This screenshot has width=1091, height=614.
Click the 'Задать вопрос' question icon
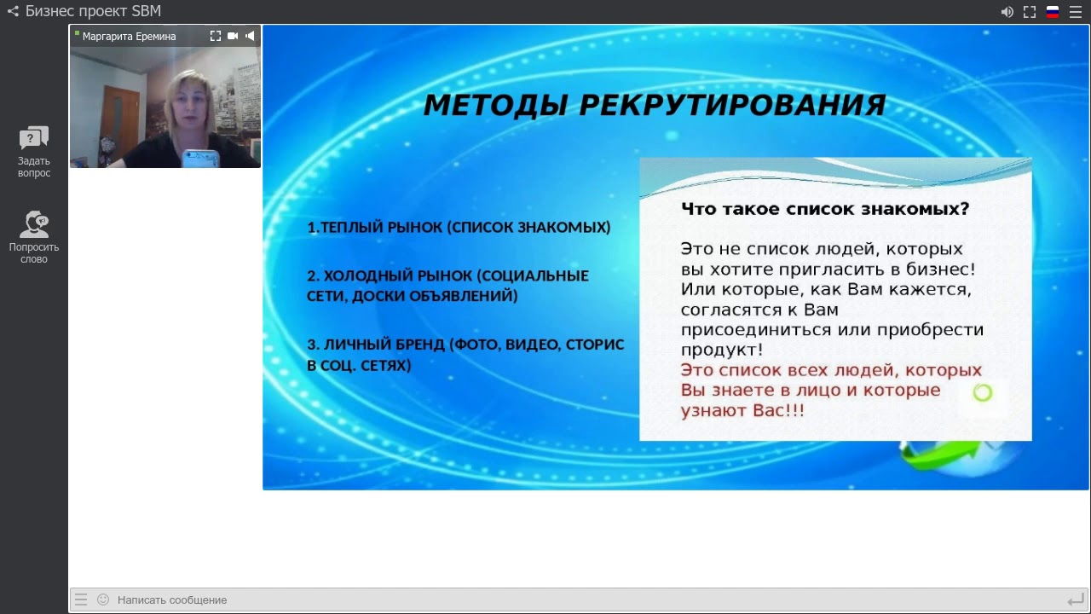[34, 138]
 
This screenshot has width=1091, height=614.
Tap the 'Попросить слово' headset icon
[34, 224]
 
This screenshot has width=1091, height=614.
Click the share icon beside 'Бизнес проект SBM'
[13, 11]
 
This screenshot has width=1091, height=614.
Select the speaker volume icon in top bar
[1007, 12]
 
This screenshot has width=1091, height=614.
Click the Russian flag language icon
[1053, 12]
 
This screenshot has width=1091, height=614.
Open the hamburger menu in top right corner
[1076, 12]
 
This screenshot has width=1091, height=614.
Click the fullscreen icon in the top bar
[1030, 12]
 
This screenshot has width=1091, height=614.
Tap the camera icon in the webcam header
[233, 36]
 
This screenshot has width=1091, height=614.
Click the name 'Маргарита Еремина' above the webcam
[129, 37]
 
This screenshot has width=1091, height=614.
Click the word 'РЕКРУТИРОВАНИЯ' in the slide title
[732, 105]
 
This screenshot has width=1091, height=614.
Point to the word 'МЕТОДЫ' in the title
[496, 105]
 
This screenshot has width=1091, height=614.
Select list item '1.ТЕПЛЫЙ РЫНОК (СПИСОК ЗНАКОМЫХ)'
[459, 228]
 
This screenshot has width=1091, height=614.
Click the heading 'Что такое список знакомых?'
[824, 209]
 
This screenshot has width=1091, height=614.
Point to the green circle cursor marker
[983, 392]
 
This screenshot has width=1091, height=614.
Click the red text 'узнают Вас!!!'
[742, 410]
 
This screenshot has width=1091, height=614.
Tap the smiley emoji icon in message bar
[103, 600]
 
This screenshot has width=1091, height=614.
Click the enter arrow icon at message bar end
[1075, 600]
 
